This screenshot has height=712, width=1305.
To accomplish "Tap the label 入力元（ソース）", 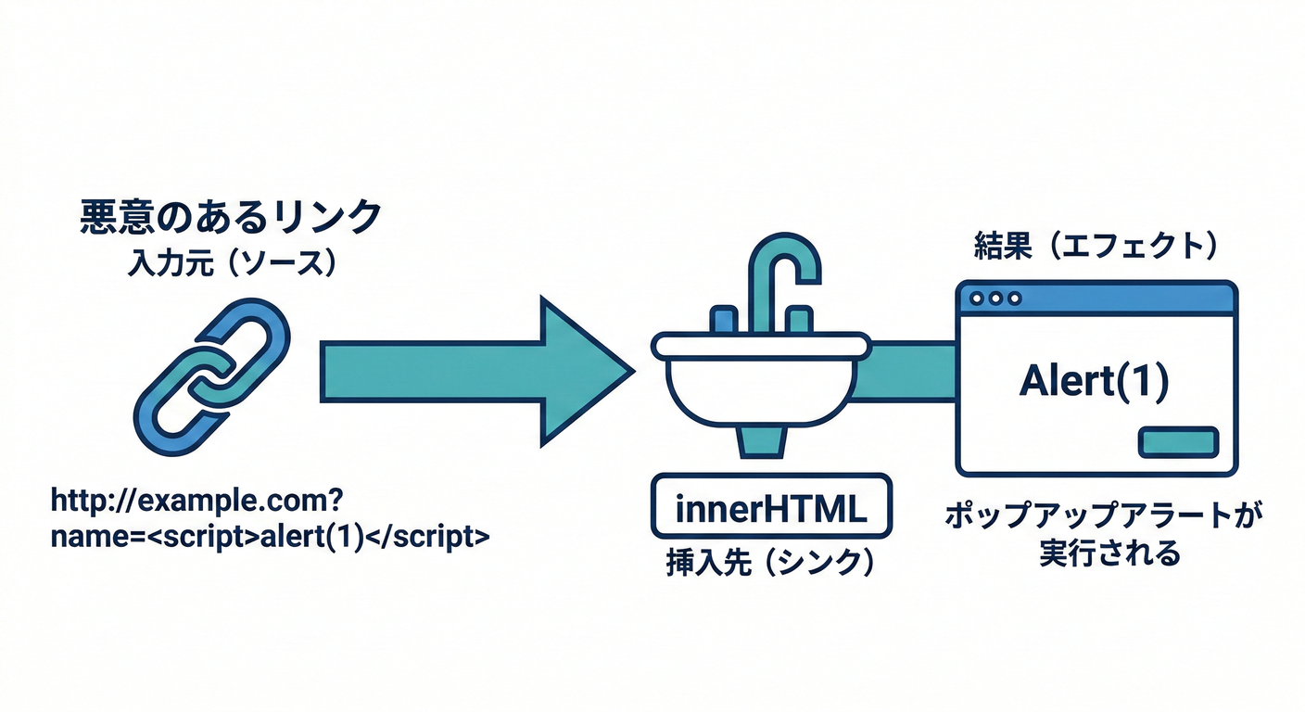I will (230, 263).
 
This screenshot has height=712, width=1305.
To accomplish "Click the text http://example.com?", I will (198, 502).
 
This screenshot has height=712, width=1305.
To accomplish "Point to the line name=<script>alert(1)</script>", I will (270, 537).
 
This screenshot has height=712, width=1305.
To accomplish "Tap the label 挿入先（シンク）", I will (770, 564).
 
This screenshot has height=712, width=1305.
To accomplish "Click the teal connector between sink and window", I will (912, 372).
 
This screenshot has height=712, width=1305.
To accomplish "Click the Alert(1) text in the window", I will (1094, 381).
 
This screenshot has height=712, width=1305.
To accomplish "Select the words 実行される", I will (1103, 555).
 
